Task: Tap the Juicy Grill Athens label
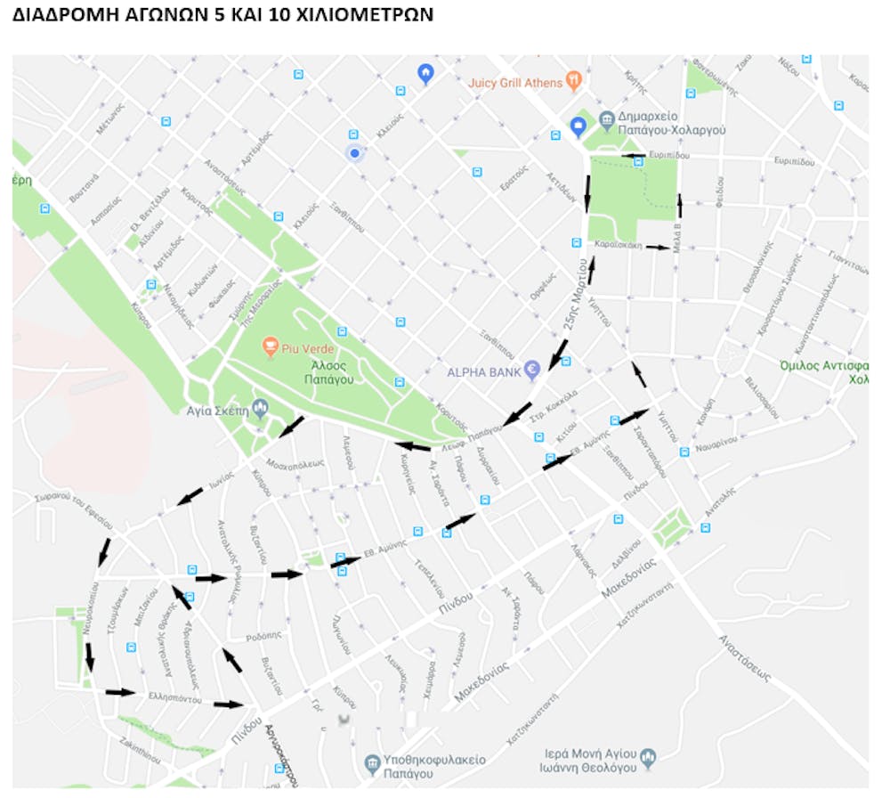point(515,83)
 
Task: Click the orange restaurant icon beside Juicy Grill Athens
point(574,80)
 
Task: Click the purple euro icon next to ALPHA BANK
point(532,369)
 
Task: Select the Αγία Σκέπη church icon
point(261,408)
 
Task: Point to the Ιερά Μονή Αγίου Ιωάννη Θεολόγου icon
point(649,758)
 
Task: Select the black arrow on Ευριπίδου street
point(634,156)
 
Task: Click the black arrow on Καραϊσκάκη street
point(659,247)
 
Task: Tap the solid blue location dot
point(354,154)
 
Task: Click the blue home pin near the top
point(425,73)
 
